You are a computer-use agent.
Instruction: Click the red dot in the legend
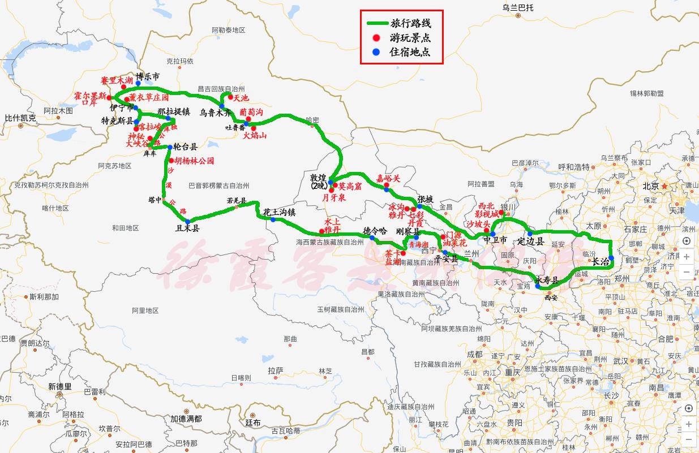(376, 38)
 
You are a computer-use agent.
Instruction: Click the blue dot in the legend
(376, 52)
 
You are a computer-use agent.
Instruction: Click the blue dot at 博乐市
(138, 83)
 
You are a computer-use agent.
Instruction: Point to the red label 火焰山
(255, 136)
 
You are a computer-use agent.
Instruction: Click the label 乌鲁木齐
(216, 113)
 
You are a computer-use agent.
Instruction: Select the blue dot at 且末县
(188, 221)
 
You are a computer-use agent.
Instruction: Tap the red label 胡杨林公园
(194, 161)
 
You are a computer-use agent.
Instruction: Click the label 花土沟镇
(279, 212)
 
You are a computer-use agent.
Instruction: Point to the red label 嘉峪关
(388, 178)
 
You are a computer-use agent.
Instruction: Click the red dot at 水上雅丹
(321, 231)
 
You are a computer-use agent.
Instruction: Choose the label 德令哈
(375, 231)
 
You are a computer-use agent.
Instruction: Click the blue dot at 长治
(611, 258)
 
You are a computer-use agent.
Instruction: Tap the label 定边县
(530, 241)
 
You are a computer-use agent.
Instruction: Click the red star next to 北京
(664, 186)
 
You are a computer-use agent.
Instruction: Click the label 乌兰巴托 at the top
(517, 7)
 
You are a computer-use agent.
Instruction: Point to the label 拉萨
(276, 370)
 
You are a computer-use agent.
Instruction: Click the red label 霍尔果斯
(90, 96)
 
